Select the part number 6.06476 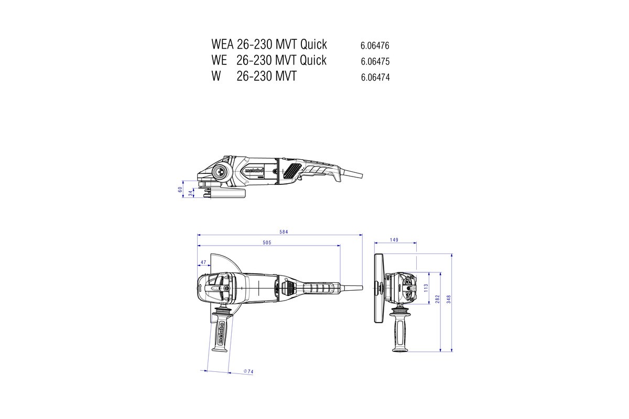[375, 45]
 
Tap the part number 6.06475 [375, 61]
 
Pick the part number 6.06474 [375, 78]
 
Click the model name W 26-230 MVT [254, 76]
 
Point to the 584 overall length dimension [284, 231]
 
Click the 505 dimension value [266, 242]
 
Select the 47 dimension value [202, 262]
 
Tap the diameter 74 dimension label [248, 371]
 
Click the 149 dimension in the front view [394, 240]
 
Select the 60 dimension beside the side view [180, 189]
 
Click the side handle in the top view [221, 330]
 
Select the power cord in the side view [351, 171]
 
